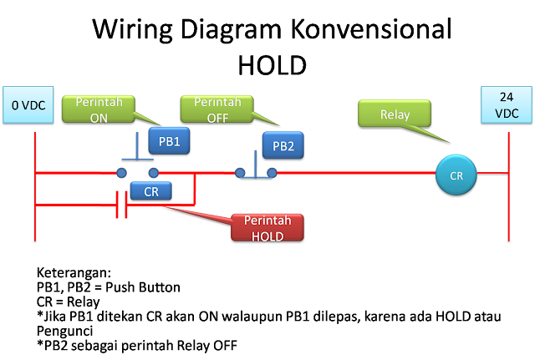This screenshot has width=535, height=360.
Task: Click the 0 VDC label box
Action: tap(28, 105)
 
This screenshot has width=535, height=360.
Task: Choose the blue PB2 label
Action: tap(283, 146)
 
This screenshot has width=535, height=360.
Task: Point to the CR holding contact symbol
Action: tap(121, 203)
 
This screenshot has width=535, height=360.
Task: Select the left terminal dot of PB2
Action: tap(239, 175)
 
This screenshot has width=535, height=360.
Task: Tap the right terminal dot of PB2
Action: tap(272, 175)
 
